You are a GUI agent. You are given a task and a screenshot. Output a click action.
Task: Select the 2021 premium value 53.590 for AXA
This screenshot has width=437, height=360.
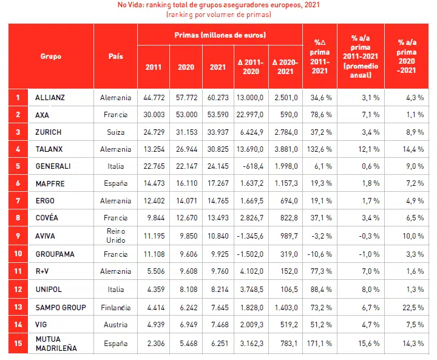click(x=218, y=114)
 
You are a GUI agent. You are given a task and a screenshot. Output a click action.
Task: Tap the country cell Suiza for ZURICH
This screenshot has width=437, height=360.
click(x=115, y=132)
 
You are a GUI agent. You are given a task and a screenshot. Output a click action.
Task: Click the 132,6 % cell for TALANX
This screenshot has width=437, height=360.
click(x=316, y=149)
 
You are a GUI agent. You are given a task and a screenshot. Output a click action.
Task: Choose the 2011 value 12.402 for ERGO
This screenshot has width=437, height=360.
click(x=154, y=200)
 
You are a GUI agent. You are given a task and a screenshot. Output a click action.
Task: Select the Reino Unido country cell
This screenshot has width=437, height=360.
click(x=115, y=235)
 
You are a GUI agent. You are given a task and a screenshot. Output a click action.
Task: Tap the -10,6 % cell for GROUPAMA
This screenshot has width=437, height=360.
click(x=316, y=254)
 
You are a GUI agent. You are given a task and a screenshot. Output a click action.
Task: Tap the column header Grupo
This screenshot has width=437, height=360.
click(x=51, y=56)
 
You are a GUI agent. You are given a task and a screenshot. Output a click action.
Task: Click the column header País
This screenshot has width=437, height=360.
click(x=115, y=56)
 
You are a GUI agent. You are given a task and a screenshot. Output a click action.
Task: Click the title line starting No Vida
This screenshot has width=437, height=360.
click(x=219, y=5)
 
